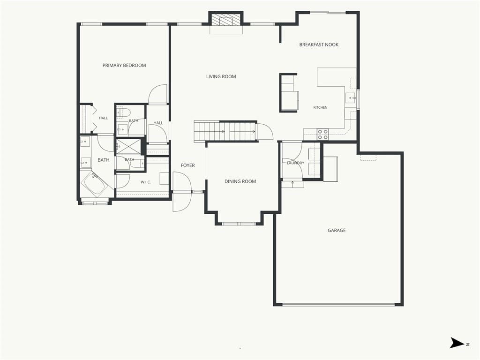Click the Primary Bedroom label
coord(124,65)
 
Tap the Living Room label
coord(221,76)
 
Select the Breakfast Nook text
coord(319,45)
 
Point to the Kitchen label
coord(320,107)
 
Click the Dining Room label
coord(240,181)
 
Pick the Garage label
coord(337,231)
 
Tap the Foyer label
coord(187,165)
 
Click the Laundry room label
coord(295,163)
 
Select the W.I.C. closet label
coord(146,182)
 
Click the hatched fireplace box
coord(226,21)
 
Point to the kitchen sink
coord(351,98)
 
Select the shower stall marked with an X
coord(128,147)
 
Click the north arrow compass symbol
coord(457,343)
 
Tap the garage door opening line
coord(338,305)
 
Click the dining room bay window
coord(239,224)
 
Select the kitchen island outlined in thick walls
coord(288,93)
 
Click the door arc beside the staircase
coord(265,131)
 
